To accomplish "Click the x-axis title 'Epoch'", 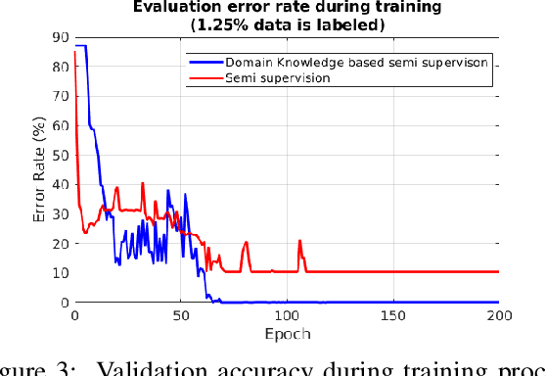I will pyautogui.click(x=287, y=334).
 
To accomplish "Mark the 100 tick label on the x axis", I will pyautogui.click(x=287, y=316).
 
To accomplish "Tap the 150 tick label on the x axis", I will pyautogui.click(x=393, y=316).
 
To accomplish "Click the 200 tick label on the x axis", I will pyautogui.click(x=498, y=316).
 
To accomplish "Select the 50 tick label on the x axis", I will pyautogui.click(x=181, y=316).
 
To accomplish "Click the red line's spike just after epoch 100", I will pyautogui.click(x=299, y=241).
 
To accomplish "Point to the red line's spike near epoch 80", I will pyautogui.click(x=247, y=243).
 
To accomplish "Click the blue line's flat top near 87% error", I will pyautogui.click(x=80, y=46).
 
